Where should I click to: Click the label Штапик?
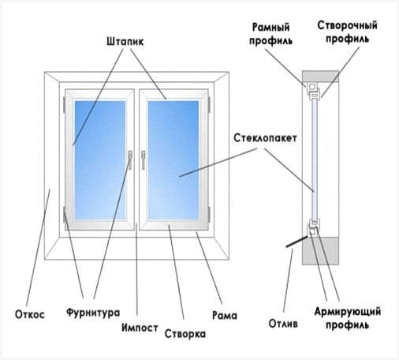tap(125, 42)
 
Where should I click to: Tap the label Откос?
tap(30, 314)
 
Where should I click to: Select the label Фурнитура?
tap(93, 313)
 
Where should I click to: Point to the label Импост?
tap(140, 328)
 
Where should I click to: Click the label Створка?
tap(185, 334)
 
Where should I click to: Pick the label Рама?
tap(225, 315)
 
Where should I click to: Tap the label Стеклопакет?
tap(265, 138)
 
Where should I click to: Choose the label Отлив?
tap(283, 323)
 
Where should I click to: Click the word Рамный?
tap(270, 27)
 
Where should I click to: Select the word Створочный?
tap(347, 25)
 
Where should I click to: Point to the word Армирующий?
tap(348, 311)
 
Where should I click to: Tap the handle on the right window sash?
tap(143, 159)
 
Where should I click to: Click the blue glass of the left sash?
tap(100, 160)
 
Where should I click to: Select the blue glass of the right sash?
tap(173, 160)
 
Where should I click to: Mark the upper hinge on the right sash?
tap(210, 104)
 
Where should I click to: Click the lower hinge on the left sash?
tap(64, 214)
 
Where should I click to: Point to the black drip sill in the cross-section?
tap(296, 242)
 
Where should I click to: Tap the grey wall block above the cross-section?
tap(320, 77)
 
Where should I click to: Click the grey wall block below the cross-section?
tap(320, 251)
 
